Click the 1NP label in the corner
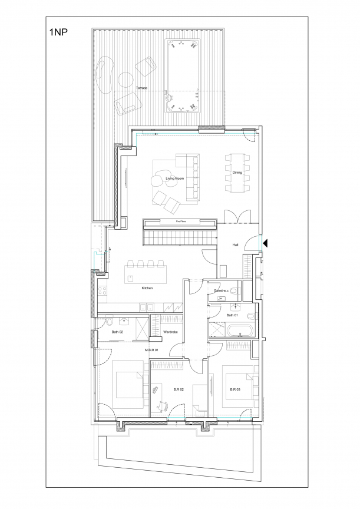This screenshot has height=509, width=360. pyautogui.click(x=58, y=32)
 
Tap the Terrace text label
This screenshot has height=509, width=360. pyautogui.click(x=141, y=88)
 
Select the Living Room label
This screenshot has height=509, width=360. pyautogui.click(x=174, y=179)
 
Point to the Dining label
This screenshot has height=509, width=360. pyautogui.click(x=237, y=173)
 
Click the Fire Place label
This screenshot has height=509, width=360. pyautogui.click(x=181, y=222)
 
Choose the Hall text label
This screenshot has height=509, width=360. pyautogui.click(x=235, y=244)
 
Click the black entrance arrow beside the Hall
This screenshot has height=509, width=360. pyautogui.click(x=265, y=243)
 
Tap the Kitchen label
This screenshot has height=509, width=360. pyautogui.click(x=147, y=288)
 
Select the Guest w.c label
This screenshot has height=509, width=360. pyautogui.click(x=222, y=291)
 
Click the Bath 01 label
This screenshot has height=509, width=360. pyautogui.click(x=232, y=315)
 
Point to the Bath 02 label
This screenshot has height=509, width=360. pyautogui.click(x=117, y=332)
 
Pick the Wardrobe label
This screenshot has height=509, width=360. pyautogui.click(x=170, y=332)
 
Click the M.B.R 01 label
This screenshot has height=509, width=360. pyautogui.click(x=151, y=350)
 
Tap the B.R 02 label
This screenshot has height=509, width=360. pyautogui.click(x=178, y=389)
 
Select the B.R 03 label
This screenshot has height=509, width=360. pyautogui.click(x=235, y=389)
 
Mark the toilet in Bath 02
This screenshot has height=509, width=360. pyautogui.click(x=110, y=322)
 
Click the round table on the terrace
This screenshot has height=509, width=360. pyautogui.click(x=125, y=79)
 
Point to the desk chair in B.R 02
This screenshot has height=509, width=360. pyautogui.click(x=163, y=406)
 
